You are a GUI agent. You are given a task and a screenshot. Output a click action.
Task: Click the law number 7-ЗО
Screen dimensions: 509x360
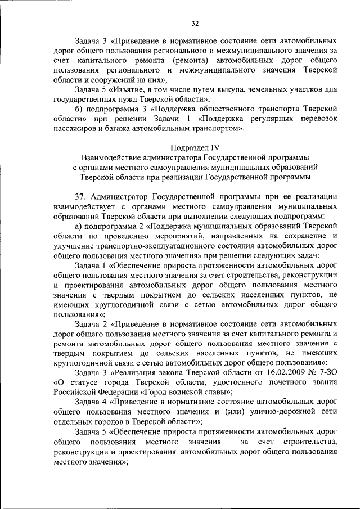click(322, 373)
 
